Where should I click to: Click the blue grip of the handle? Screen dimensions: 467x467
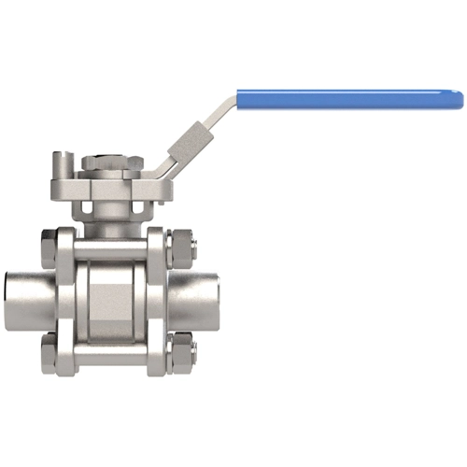346,97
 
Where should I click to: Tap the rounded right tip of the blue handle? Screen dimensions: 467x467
459,97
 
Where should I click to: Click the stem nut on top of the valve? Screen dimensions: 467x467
109,163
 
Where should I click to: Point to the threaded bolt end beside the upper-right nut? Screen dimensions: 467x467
192,249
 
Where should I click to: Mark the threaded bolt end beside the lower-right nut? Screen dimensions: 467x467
192,353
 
